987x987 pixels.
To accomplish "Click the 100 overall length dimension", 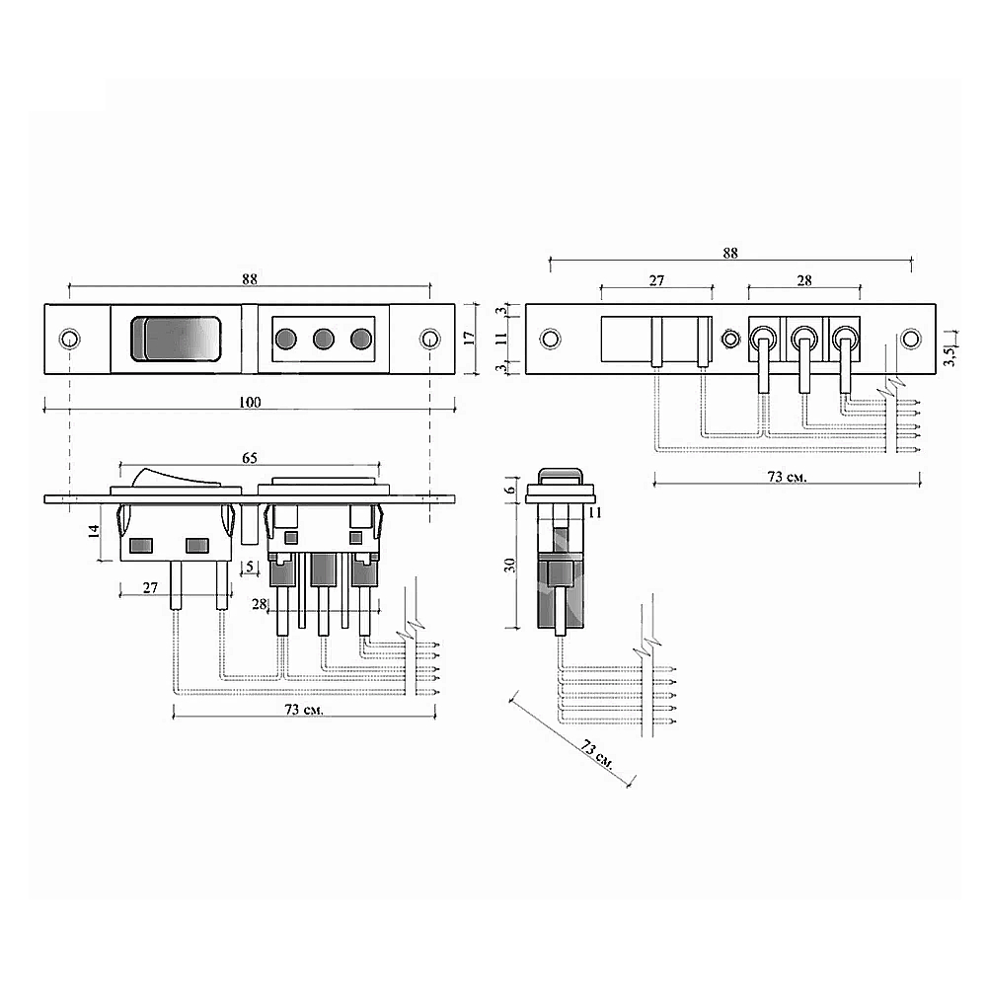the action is pos(250,403).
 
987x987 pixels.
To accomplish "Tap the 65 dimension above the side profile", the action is pos(250,458).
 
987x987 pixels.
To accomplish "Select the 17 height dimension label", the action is pos(469,338).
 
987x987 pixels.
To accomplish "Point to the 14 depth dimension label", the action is pos(94,531).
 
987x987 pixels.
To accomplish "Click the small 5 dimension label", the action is pos(250,567).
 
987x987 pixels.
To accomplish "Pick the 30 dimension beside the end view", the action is pos(510,565).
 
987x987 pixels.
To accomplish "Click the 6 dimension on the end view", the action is pos(510,489).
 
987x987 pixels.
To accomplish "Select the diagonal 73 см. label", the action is pos(597,755).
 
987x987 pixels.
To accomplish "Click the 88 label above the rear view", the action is pos(730,253).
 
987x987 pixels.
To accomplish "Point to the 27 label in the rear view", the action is pos(656,280).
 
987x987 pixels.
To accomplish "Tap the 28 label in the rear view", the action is pos(804,280).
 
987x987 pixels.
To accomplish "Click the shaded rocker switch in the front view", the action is pos(176,339).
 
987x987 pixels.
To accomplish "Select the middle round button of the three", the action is pos(324,339).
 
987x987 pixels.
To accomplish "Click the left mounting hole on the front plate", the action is pos(69,339).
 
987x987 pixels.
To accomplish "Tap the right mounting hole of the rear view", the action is pos(910,339).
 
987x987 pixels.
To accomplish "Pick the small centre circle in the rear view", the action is pos(730,339).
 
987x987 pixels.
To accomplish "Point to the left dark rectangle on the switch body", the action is pos(141,545).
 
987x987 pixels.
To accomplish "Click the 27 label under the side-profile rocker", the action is pos(150,588).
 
